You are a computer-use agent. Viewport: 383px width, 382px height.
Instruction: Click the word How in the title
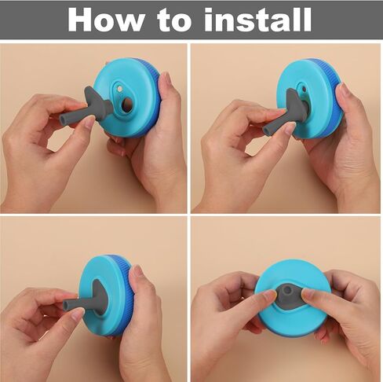point(106,20)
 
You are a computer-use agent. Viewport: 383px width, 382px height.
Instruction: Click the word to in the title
point(174,20)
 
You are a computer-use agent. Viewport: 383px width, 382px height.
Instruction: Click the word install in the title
point(257,20)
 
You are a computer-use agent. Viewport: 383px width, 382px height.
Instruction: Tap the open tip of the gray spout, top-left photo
point(63,119)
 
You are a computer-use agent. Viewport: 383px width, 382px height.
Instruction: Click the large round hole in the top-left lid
point(127,104)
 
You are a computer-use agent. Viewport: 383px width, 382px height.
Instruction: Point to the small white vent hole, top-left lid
point(119,89)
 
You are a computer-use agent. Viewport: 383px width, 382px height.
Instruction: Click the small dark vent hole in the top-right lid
point(304,90)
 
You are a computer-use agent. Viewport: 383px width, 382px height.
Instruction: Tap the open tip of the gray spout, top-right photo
point(266,130)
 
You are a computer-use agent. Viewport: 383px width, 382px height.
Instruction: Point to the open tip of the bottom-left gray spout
point(66,305)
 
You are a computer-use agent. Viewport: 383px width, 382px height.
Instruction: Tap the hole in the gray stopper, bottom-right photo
point(287,290)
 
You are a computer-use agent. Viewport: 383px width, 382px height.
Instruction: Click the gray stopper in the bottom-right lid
point(290,296)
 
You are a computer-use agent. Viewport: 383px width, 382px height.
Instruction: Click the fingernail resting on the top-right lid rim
point(341,90)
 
